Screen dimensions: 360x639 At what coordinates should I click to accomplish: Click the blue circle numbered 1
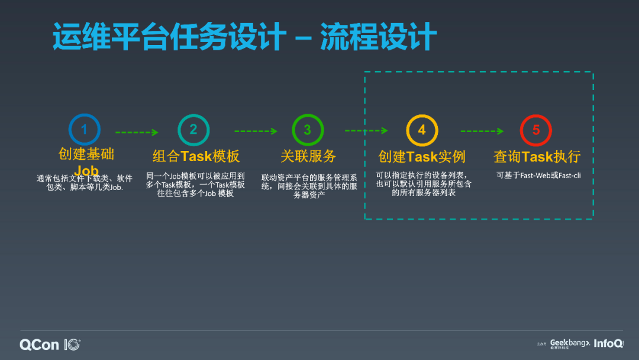pos(84,130)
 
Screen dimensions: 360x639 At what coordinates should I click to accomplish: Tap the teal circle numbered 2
pos(193,130)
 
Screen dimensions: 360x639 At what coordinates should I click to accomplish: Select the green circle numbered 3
pos(308,130)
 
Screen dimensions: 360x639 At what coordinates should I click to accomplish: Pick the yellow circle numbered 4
pos(422,130)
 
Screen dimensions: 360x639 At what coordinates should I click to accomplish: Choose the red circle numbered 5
pos(536,130)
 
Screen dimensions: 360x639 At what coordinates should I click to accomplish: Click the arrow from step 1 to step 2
pos(137,132)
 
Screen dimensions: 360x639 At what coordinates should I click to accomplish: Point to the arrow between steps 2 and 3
pos(256,131)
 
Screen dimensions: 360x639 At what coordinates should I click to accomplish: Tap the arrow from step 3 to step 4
pos(366,131)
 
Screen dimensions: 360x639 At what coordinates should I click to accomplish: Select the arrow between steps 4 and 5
pos(482,131)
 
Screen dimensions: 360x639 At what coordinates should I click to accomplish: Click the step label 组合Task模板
pos(196,156)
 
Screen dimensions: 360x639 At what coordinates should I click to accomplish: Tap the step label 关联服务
pos(308,156)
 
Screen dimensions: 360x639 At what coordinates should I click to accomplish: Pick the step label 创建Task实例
pos(422,157)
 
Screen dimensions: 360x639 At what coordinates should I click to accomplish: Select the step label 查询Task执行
pos(537,157)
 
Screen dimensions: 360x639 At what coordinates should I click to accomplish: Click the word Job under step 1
pos(86,171)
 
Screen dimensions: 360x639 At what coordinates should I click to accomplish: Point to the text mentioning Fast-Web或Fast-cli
pos(538,175)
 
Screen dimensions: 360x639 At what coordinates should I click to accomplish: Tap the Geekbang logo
pos(569,343)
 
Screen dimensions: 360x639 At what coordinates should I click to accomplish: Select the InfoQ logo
pos(608,343)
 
